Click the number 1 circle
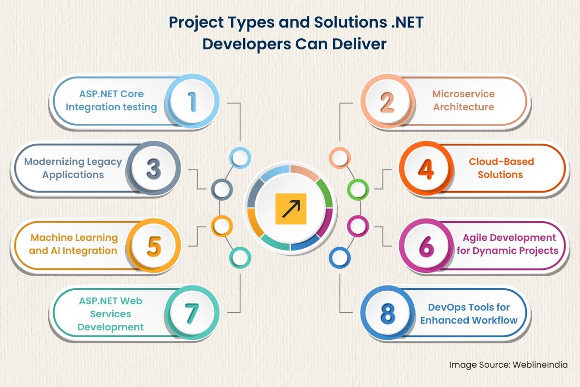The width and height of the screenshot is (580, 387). click(x=192, y=102)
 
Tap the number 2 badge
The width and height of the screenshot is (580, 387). click(x=388, y=102)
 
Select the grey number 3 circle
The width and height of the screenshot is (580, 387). click(x=154, y=168)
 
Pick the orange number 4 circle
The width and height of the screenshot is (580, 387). click(x=426, y=168)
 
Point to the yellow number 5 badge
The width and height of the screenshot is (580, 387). click(x=154, y=245)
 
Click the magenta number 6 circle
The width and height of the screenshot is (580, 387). click(x=426, y=245)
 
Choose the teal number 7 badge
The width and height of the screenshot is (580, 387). click(x=192, y=313)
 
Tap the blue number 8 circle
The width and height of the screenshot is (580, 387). click(x=388, y=313)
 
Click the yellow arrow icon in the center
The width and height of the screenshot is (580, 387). click(x=291, y=208)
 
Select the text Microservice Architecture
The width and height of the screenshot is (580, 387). click(x=464, y=100)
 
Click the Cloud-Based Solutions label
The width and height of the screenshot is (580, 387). click(x=501, y=168)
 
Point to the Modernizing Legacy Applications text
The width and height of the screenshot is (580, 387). click(x=73, y=168)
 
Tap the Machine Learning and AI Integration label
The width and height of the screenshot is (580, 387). click(x=73, y=244)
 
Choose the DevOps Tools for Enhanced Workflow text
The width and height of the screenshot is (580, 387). click(x=469, y=313)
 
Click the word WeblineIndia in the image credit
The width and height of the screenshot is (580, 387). click(x=540, y=365)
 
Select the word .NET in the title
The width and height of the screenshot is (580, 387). click(x=407, y=22)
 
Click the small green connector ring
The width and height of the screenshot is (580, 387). click(x=358, y=190)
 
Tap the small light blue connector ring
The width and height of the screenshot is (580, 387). click(x=240, y=158)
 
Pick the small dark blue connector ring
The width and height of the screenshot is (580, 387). click(x=340, y=258)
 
